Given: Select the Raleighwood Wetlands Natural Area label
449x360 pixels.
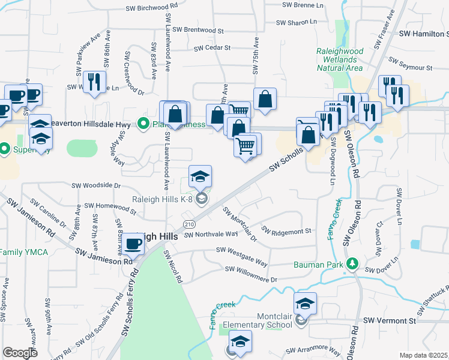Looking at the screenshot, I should click(x=339, y=59).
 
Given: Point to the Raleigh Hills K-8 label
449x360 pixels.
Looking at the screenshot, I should click(x=162, y=199).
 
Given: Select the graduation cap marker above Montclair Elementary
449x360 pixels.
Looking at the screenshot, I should click(x=305, y=303).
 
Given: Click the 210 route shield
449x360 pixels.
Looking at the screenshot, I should click(x=190, y=224).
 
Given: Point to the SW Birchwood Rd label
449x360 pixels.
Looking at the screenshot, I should click(x=152, y=8).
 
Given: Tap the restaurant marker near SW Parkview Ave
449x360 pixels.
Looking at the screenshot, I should click(x=94, y=82).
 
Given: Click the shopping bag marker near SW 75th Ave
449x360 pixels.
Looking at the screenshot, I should click(x=265, y=98).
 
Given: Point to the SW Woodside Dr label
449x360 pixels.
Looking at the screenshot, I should click(x=97, y=186).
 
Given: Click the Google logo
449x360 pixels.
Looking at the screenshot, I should click(x=20, y=353).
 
